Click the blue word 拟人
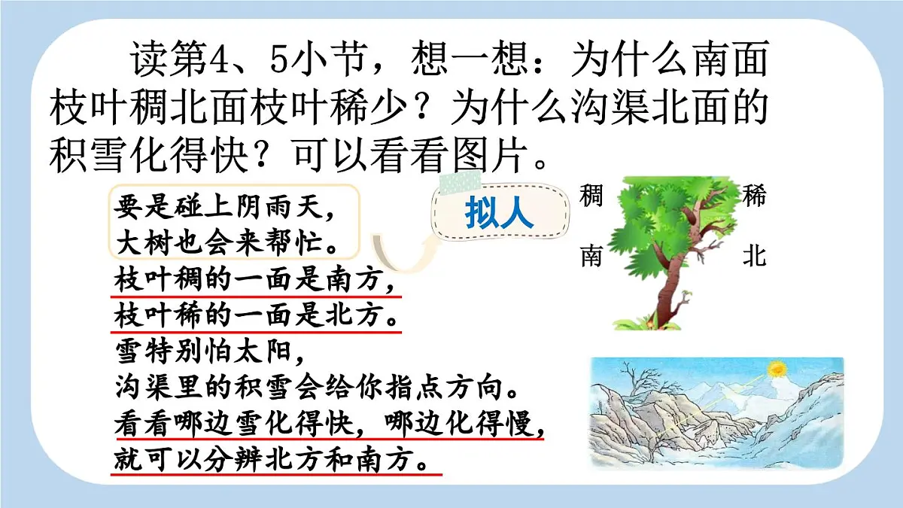499,214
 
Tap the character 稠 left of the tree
591,196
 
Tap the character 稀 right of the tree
754,196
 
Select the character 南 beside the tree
591,257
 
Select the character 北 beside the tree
754,257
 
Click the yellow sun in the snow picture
776,370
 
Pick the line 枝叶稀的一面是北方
256,316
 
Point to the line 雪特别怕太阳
208,351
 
